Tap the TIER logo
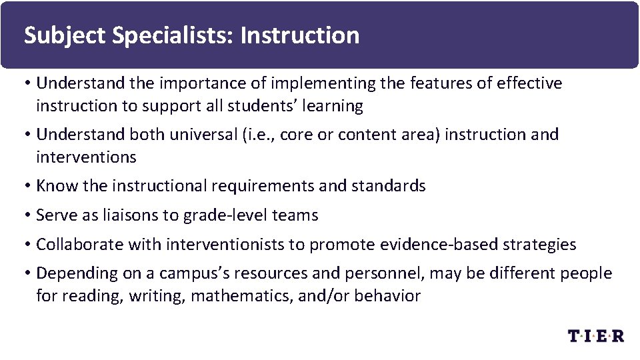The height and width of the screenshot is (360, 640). [596, 336]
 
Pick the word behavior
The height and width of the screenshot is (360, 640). [387, 296]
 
